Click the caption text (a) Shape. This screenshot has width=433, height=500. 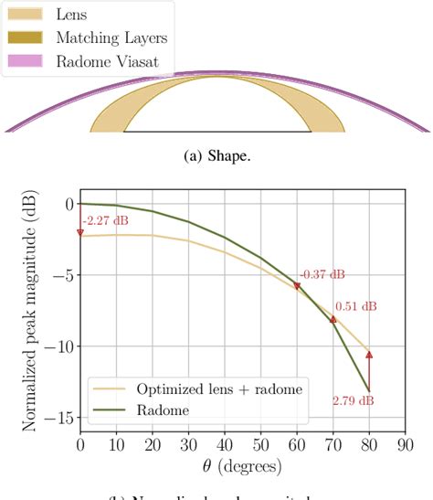pos(216,154)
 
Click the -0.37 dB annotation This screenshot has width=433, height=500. pos(322,274)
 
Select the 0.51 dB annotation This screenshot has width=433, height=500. pos(358,306)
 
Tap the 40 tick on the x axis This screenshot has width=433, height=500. pos(225,445)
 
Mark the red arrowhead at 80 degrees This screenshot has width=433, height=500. pos(369,354)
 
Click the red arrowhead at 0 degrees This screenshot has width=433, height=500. pos(80,232)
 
